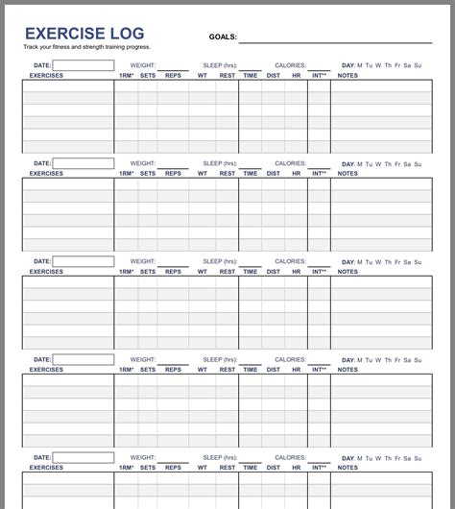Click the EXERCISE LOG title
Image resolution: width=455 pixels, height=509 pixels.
pyautogui.click(x=84, y=35)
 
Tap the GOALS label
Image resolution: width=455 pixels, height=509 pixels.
pyautogui.click(x=223, y=37)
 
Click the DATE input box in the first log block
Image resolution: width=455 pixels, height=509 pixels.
pyautogui.click(x=83, y=66)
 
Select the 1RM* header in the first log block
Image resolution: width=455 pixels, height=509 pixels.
pyautogui.click(x=127, y=75)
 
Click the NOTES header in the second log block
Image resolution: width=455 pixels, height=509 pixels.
pyautogui.click(x=347, y=174)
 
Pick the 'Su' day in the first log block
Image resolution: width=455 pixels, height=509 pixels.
pyautogui.click(x=418, y=66)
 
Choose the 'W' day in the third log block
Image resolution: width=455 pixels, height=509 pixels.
pyautogui.click(x=378, y=261)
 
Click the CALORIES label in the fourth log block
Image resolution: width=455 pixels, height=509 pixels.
pyautogui.click(x=291, y=358)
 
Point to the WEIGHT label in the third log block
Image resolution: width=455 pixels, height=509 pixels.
pyautogui.click(x=143, y=261)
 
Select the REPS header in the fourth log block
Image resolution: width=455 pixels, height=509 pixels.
pyautogui.click(x=173, y=370)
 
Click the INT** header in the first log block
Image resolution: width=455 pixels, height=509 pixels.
pyautogui.click(x=319, y=75)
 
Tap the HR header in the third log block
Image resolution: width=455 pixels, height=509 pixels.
pyautogui.click(x=297, y=272)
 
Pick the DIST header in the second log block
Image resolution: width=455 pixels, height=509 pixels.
pyautogui.click(x=274, y=174)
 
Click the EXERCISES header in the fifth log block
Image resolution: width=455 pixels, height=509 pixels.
pyautogui.click(x=46, y=467)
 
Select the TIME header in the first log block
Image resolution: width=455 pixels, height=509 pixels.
pyautogui.click(x=251, y=75)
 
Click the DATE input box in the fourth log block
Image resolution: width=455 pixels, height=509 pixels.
pyautogui.click(x=83, y=359)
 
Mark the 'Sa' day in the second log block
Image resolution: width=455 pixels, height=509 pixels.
pyautogui.click(x=407, y=164)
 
